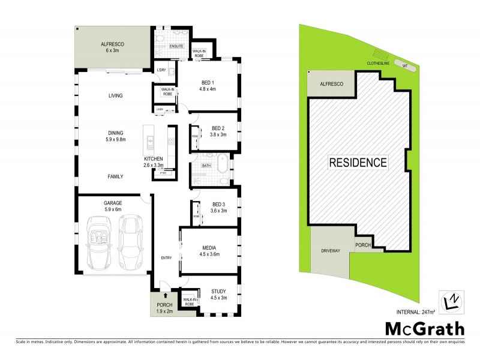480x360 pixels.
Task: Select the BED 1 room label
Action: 208,85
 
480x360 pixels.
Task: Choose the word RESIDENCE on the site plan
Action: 357,162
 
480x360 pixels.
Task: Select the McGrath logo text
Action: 424,329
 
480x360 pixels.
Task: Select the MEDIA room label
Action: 209,250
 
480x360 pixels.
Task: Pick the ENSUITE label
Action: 176,46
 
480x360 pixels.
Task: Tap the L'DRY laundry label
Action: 160,70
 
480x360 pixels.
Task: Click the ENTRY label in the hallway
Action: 166,258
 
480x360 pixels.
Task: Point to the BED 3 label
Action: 218,208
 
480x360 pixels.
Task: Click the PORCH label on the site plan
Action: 363,244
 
